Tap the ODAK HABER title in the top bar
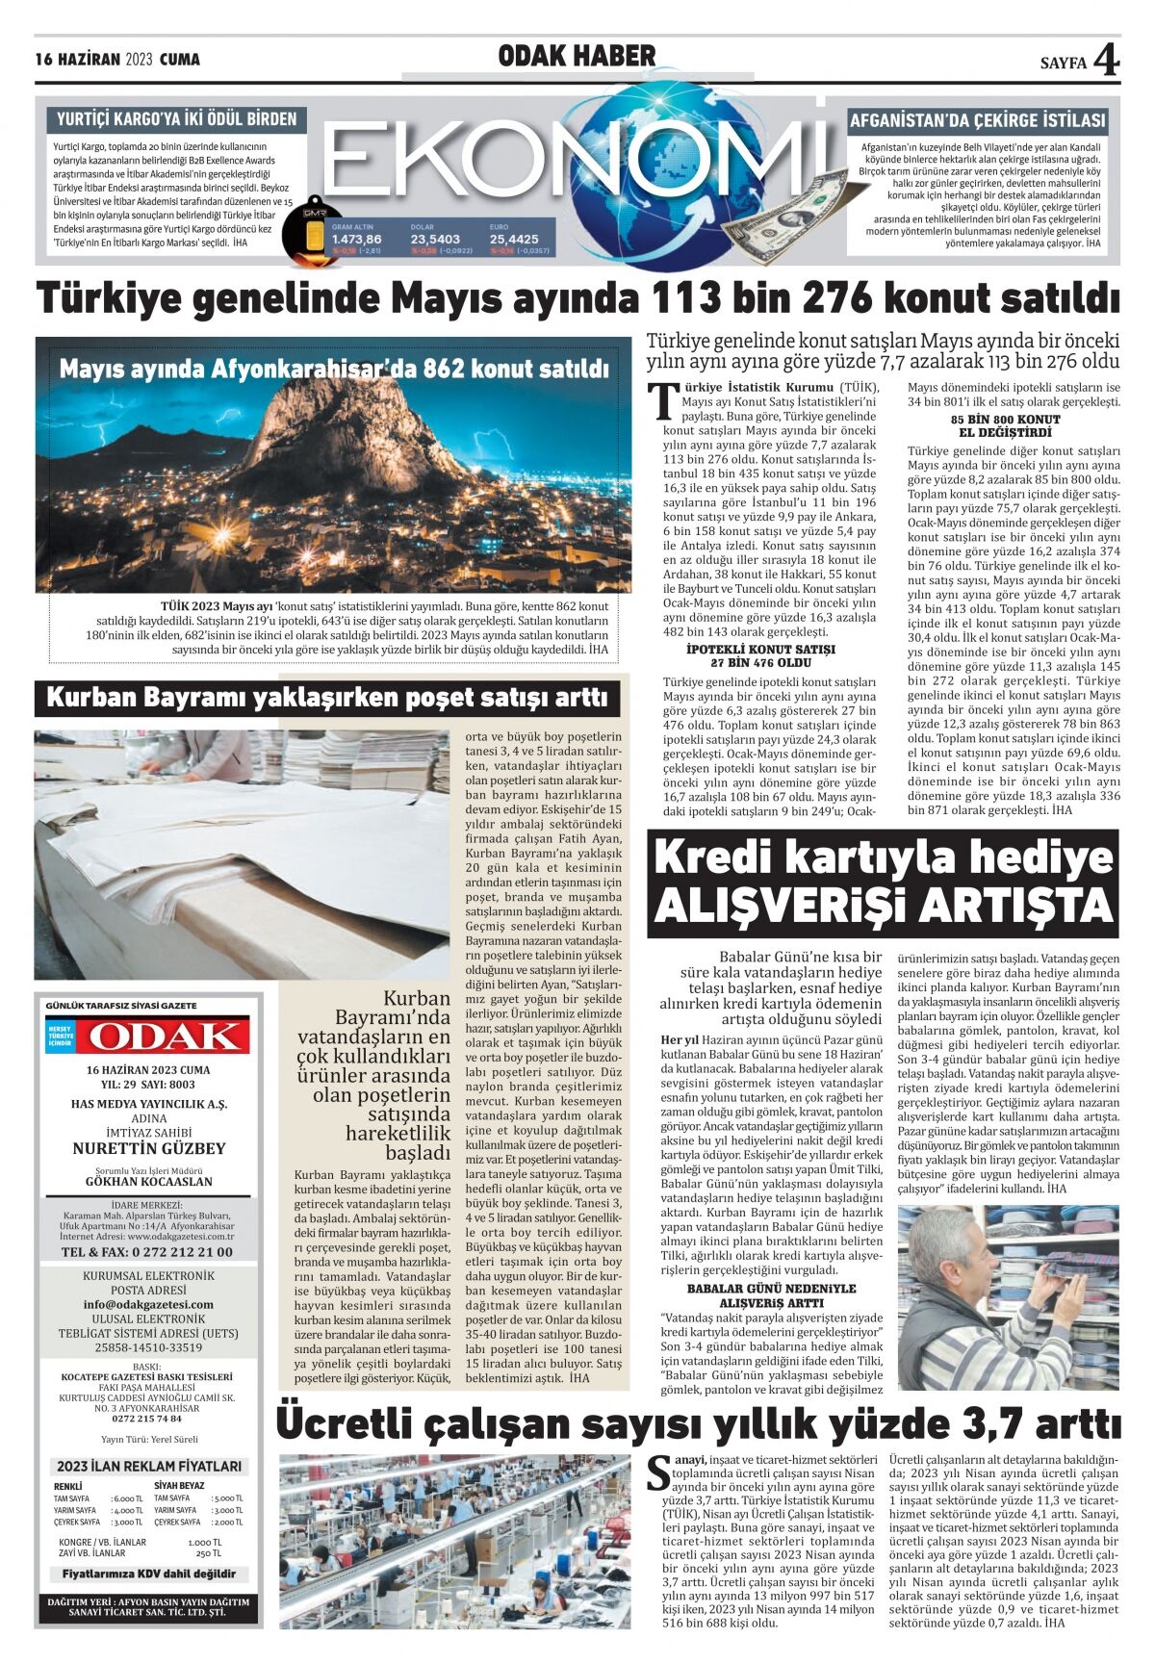[577, 57]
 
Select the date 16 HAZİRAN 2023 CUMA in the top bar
[117, 60]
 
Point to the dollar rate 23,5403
[435, 239]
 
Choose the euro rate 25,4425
[514, 239]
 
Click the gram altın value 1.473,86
[356, 239]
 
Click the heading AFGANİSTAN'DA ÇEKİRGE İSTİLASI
[977, 121]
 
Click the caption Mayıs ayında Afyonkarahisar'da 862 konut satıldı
[334, 370]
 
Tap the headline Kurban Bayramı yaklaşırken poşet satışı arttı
[327, 697]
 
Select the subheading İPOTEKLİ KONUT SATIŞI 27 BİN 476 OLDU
[761, 656]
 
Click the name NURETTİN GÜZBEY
[148, 1148]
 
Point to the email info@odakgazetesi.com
[148, 1305]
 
